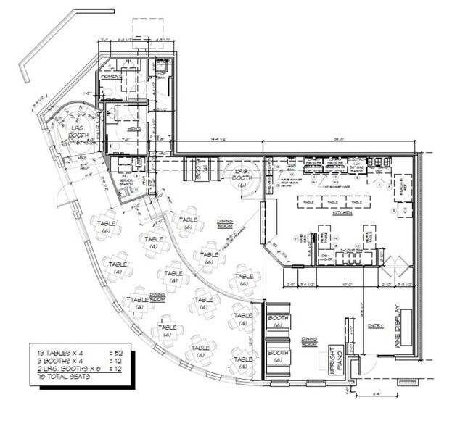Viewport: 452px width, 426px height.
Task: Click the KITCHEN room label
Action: point(342,215)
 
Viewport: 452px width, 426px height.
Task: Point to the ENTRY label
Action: point(375,325)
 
